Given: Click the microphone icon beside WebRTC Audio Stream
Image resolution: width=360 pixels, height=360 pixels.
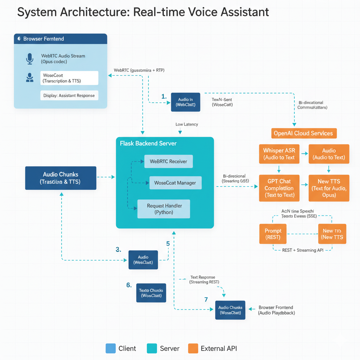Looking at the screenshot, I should click(x=30, y=58).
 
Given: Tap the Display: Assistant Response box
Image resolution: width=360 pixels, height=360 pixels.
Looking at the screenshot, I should click(x=69, y=95).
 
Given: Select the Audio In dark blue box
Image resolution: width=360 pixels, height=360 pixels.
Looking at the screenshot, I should click(x=186, y=102).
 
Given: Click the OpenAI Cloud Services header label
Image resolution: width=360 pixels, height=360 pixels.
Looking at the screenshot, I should click(x=303, y=133).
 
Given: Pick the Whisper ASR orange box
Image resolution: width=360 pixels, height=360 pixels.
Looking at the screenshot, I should click(x=279, y=154).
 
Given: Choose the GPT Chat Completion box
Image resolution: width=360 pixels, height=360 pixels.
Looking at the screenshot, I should click(x=279, y=188).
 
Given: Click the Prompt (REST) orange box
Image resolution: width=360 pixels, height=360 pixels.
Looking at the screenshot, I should click(x=273, y=234).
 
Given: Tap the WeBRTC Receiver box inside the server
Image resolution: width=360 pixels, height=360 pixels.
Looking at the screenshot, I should click(x=168, y=161).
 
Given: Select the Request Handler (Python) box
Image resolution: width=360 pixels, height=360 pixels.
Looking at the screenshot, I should click(x=163, y=209).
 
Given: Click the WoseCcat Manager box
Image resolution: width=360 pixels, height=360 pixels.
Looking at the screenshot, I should click(x=175, y=183).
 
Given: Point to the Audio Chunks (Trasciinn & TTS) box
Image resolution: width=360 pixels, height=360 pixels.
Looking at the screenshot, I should click(x=61, y=178).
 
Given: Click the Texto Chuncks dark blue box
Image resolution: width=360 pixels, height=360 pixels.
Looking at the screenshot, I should click(x=151, y=293).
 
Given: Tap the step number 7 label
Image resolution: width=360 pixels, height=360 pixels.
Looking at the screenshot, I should click(x=206, y=300).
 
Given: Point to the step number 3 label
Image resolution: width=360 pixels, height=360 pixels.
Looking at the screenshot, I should click(x=118, y=250).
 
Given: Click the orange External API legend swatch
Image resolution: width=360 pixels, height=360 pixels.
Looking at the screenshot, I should click(x=193, y=348).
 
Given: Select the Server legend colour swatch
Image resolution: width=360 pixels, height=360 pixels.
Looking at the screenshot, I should click(x=152, y=348).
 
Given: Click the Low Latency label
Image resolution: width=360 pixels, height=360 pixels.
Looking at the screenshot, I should click(x=187, y=124).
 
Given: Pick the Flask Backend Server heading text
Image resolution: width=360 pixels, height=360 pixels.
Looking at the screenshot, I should click(x=148, y=143).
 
